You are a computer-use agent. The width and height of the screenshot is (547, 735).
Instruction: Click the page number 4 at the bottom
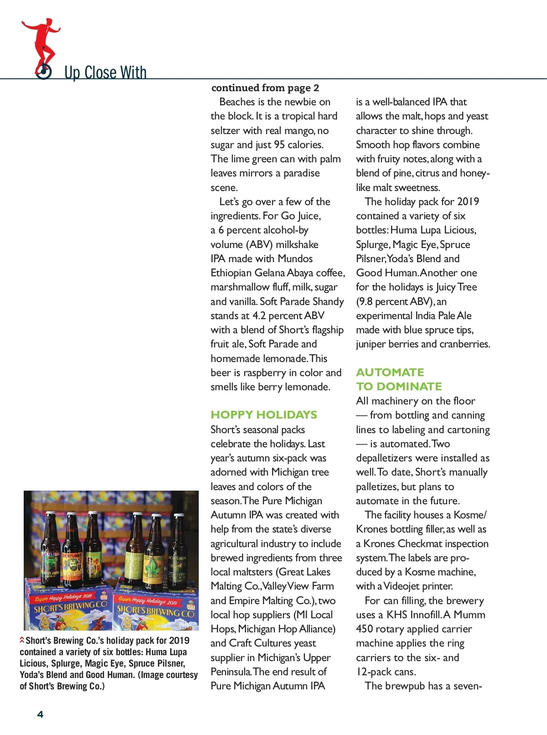pos(40,714)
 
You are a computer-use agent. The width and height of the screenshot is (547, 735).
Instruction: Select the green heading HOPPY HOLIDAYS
pos(263,415)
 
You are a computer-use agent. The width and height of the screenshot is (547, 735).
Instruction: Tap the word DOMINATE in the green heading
pos(409,387)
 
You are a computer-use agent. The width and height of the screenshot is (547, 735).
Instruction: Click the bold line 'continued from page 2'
pos(265,88)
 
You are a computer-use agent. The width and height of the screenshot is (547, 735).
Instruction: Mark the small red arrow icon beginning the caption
pos(22,640)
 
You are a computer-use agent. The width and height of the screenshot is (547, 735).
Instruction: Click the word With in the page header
pos(133,73)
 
